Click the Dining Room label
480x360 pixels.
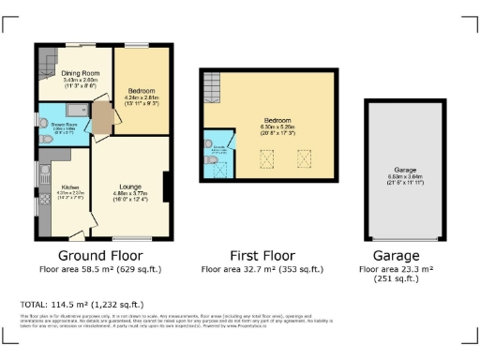coord(81,73)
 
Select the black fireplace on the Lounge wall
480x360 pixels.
coord(167,187)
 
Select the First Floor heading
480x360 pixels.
coord(262,255)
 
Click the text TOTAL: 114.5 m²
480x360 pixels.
coord(82,304)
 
